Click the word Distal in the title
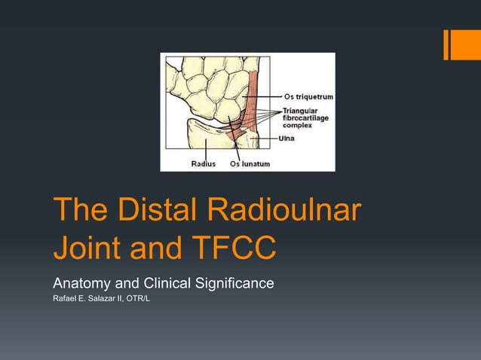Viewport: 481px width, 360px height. [x=155, y=212]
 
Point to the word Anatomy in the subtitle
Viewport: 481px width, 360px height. [x=81, y=285]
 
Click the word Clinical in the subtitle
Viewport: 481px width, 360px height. [x=162, y=285]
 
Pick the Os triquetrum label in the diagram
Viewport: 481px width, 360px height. [x=308, y=97]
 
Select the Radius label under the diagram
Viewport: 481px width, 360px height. [x=203, y=163]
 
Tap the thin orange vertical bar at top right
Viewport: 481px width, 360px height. [x=446, y=44]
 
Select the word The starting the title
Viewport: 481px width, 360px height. [x=76, y=212]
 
